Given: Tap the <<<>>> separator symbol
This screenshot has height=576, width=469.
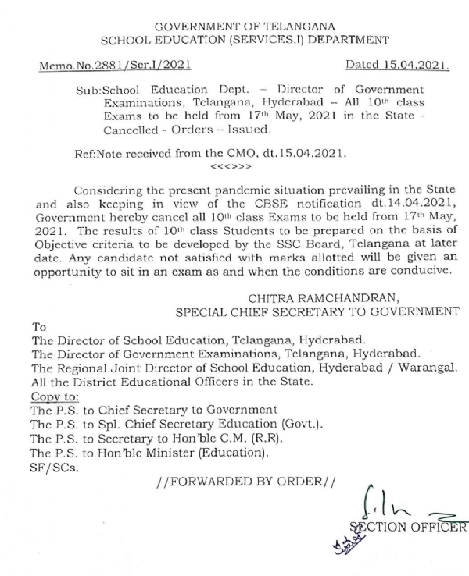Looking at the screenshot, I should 231,167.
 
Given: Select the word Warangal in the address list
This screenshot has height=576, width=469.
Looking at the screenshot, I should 433,369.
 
